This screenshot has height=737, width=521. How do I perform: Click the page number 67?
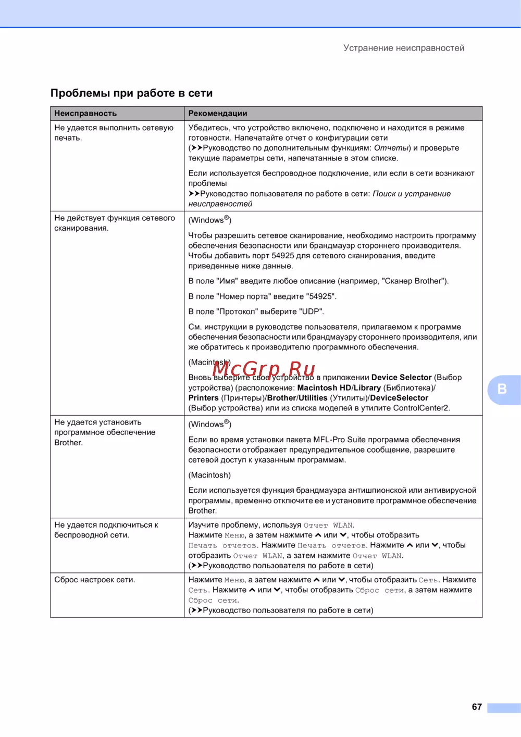tap(476, 707)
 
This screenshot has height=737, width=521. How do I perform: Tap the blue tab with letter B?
tap(502, 389)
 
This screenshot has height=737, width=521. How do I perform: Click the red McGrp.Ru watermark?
tap(263, 369)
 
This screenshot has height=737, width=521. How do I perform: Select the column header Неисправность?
tap(85, 114)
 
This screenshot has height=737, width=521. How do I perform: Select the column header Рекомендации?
tap(218, 114)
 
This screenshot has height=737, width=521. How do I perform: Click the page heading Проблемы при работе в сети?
tap(131, 93)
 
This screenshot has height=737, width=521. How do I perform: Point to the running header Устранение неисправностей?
tap(404, 48)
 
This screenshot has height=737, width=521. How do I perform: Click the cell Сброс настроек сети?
tap(94, 580)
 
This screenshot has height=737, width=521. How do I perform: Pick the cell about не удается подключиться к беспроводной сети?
tap(106, 530)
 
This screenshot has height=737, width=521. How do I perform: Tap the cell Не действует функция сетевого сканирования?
tap(115, 223)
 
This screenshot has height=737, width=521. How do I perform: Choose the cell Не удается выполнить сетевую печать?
tap(114, 132)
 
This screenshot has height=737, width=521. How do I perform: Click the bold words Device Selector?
tap(401, 378)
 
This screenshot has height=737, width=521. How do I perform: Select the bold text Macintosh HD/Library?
tap(339, 388)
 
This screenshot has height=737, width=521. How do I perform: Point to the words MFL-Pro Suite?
tap(339, 440)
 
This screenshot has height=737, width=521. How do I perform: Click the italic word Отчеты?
tap(392, 148)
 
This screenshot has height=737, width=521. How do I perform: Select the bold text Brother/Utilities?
tap(297, 398)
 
